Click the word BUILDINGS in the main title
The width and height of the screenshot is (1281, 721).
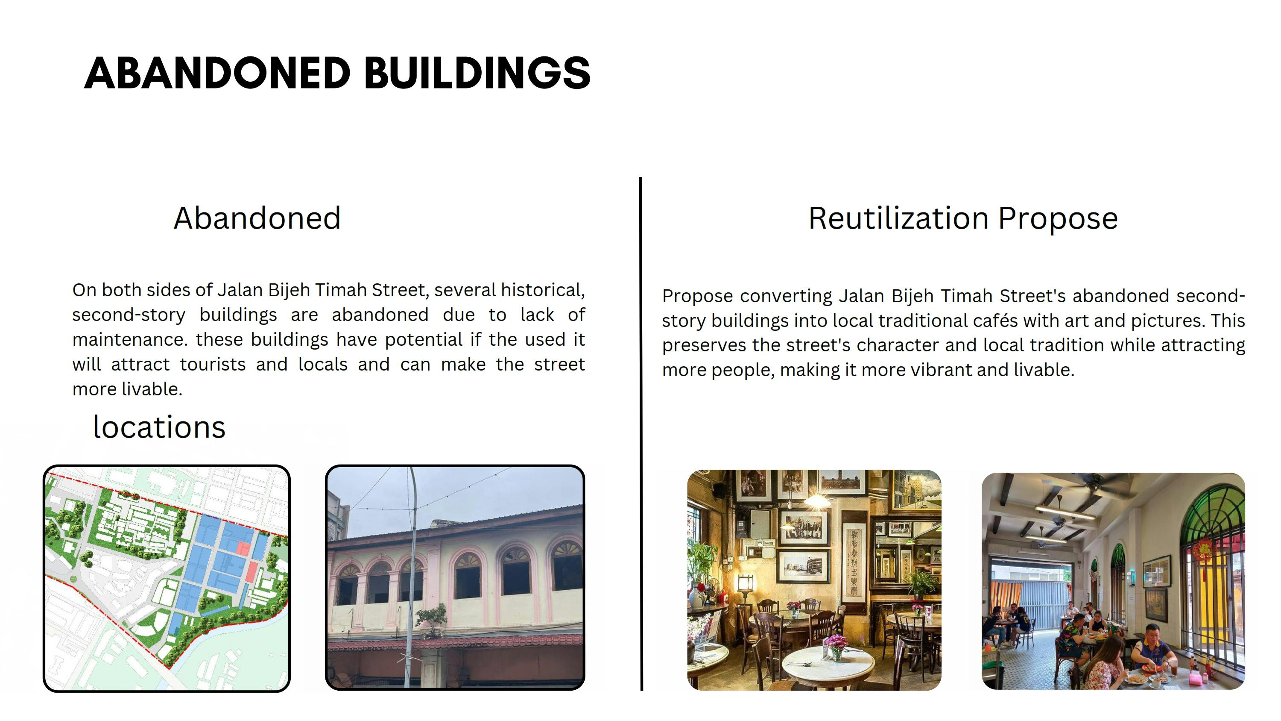(x=477, y=73)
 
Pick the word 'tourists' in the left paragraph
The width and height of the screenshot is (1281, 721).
(x=212, y=364)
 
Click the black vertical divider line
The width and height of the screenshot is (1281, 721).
(x=641, y=433)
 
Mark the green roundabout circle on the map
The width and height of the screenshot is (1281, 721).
(x=73, y=579)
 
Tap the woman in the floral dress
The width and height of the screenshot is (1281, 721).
(x=1105, y=664)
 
